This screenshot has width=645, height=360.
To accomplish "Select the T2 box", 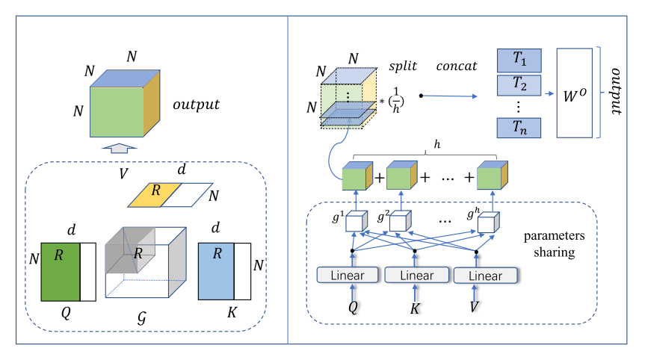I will pyautogui.click(x=518, y=87).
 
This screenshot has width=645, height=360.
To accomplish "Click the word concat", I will pyautogui.click(x=456, y=66).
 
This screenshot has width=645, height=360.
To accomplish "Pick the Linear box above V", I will pyautogui.click(x=485, y=276).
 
